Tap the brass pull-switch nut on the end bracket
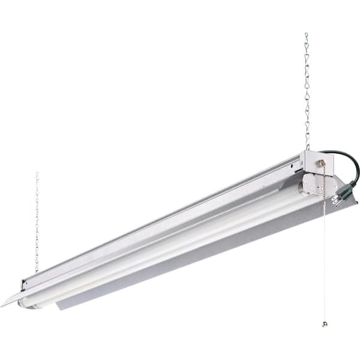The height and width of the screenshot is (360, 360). pyautogui.click(x=322, y=163)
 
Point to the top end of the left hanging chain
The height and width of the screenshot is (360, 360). pyautogui.click(x=37, y=174)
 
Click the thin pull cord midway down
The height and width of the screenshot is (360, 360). pyautogui.click(x=325, y=258)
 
